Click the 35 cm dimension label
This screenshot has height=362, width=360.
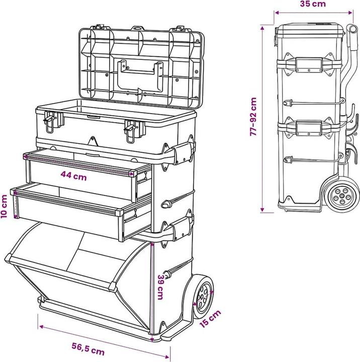(x=313, y=4)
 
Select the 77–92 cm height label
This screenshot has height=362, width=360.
(x=253, y=117)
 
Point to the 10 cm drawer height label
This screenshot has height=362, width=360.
(x=4, y=206)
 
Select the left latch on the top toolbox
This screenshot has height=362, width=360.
(x=51, y=122)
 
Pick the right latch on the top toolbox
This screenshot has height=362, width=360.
(x=132, y=131)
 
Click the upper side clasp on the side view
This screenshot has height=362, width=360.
(x=309, y=64)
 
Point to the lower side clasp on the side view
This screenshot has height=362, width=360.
(x=309, y=128)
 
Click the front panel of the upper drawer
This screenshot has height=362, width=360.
(x=82, y=180)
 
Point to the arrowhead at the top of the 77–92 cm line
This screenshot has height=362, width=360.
(x=262, y=28)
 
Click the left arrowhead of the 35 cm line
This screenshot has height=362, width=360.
(x=277, y=13)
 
